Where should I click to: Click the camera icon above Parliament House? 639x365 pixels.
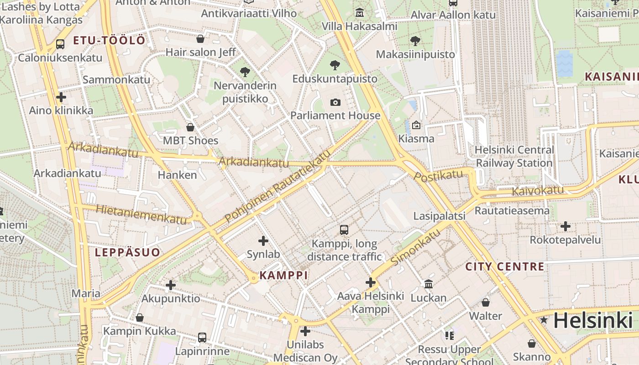pyautogui.click(x=335, y=102)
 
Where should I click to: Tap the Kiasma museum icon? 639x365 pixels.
pyautogui.click(x=416, y=125)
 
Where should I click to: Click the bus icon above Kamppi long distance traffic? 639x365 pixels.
pyautogui.click(x=344, y=230)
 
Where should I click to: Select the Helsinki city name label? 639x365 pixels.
pyautogui.click(x=593, y=320)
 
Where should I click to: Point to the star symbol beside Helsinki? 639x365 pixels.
pyautogui.click(x=544, y=320)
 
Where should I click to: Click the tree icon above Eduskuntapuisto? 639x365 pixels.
pyautogui.click(x=335, y=65)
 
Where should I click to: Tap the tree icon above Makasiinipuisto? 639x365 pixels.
pyautogui.click(x=415, y=41)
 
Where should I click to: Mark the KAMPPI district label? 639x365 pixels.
pyautogui.click(x=283, y=275)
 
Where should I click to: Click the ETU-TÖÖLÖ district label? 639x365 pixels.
pyautogui.click(x=109, y=40)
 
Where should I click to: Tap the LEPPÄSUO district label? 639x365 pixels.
pyautogui.click(x=127, y=252)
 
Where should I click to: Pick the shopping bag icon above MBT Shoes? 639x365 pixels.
pyautogui.click(x=190, y=127)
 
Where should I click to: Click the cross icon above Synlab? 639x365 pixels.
pyautogui.click(x=263, y=240)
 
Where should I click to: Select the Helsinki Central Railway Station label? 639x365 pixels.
pyautogui.click(x=514, y=156)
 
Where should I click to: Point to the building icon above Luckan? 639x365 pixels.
pyautogui.click(x=428, y=284)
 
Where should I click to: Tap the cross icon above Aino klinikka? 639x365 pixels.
pyautogui.click(x=61, y=97)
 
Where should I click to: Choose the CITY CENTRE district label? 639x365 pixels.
pyautogui.click(x=504, y=266)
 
